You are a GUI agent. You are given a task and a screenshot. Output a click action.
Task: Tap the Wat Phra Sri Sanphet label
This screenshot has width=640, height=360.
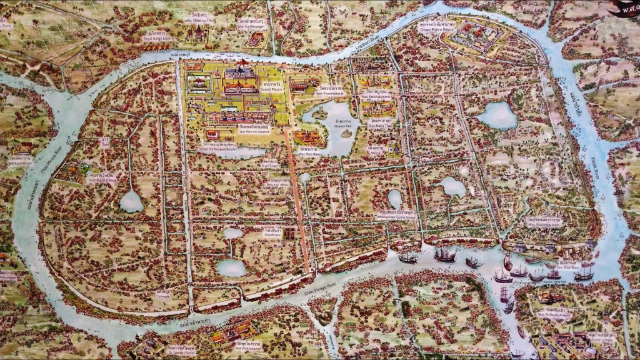237,132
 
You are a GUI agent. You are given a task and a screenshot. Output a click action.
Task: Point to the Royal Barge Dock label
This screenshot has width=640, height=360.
156,39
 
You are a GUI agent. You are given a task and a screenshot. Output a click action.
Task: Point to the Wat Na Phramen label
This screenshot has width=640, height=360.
253,27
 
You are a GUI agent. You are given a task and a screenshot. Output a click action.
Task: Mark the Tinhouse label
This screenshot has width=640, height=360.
164,294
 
